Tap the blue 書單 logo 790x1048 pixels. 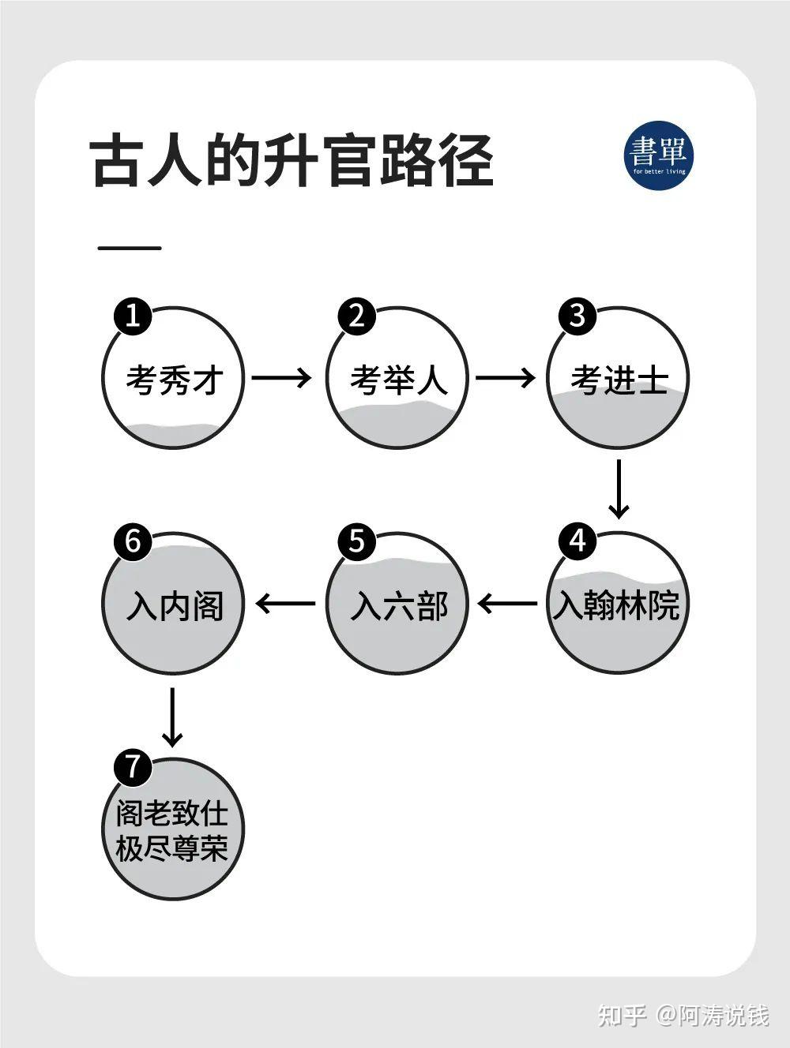click(x=659, y=155)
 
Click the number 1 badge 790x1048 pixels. click(x=133, y=316)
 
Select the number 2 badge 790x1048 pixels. click(x=356, y=316)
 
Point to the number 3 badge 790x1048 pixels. click(x=577, y=316)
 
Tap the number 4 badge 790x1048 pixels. click(x=577, y=541)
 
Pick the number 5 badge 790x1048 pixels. click(x=356, y=541)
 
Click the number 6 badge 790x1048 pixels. click(x=133, y=541)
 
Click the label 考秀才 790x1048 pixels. click(x=175, y=380)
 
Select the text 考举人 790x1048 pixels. click(x=398, y=380)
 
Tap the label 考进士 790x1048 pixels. click(x=619, y=380)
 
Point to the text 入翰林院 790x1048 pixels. click(x=616, y=605)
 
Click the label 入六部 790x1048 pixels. click(x=398, y=605)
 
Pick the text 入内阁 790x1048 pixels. click(x=175, y=605)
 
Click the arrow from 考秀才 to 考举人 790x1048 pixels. click(x=282, y=378)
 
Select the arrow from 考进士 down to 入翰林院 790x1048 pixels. click(x=619, y=488)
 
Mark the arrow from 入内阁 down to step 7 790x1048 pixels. click(x=172, y=717)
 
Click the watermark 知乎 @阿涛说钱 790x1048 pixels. click(x=683, y=1014)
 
